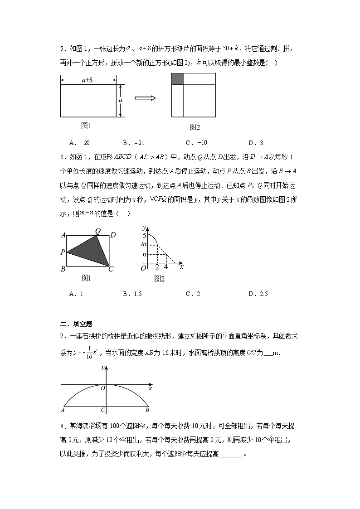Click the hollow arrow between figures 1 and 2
[x=145, y=98]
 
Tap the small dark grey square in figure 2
[x=177, y=79]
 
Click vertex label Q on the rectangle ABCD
[x=97, y=231]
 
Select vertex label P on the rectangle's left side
[x=63, y=252]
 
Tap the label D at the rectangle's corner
[x=113, y=235]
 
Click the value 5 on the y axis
[x=144, y=236]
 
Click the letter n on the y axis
[x=144, y=255]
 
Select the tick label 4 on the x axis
[x=165, y=267]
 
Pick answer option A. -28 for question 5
[x=79, y=143]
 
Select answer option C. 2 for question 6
[x=193, y=294]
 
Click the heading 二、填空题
[x=76, y=324]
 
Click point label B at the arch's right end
[x=147, y=410]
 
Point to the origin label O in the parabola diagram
[x=102, y=388]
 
